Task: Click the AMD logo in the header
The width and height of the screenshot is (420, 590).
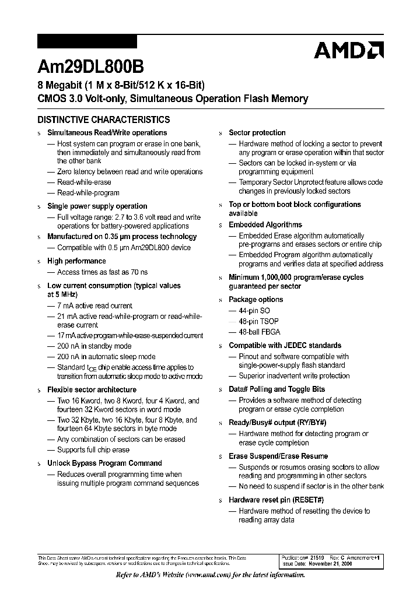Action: pos(348,51)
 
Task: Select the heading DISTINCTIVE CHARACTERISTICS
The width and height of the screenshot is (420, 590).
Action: pos(104,120)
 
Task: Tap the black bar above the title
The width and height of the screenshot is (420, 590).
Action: pos(87,41)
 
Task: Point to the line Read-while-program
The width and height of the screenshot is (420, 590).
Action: pos(88,193)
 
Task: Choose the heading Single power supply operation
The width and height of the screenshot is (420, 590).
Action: pos(97,206)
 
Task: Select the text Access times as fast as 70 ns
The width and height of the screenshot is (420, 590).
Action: pos(102,272)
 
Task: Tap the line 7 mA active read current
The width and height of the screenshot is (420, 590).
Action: pos(94,305)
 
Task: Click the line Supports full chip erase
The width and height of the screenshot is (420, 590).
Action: pos(93,450)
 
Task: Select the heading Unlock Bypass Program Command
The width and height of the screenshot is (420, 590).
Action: pos(104,463)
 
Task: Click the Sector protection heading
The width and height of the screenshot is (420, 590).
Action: pos(257,133)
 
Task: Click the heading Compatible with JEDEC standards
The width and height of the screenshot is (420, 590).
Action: pos(285,346)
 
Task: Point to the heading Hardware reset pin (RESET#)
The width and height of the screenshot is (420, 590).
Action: pos(276,500)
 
